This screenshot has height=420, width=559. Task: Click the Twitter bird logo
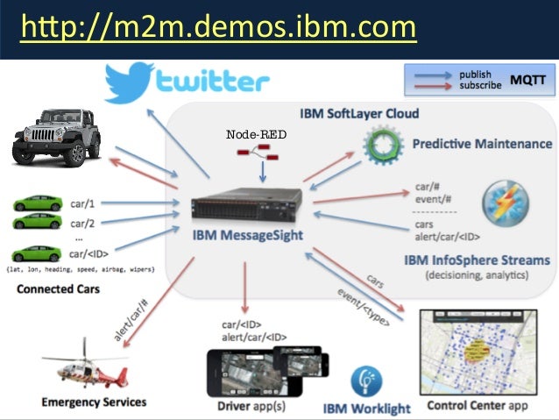131,82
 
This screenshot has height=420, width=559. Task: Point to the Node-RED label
256,134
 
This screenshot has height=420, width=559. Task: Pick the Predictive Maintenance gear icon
386,144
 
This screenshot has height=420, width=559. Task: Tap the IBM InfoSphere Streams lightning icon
505,203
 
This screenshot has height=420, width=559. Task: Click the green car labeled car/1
39,203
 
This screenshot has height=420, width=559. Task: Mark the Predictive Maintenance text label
482,143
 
